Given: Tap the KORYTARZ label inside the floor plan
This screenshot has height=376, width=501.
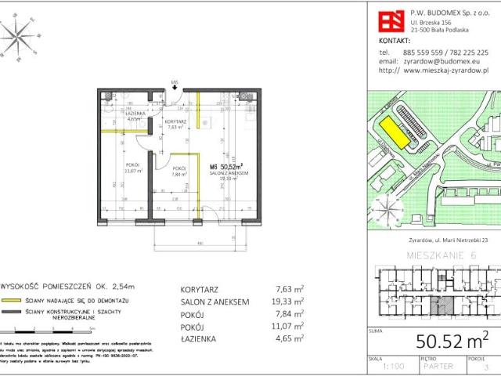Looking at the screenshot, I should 176,122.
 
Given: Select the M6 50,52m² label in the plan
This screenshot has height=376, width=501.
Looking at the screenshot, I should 225,166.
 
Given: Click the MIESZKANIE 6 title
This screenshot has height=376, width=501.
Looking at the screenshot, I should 442,255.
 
